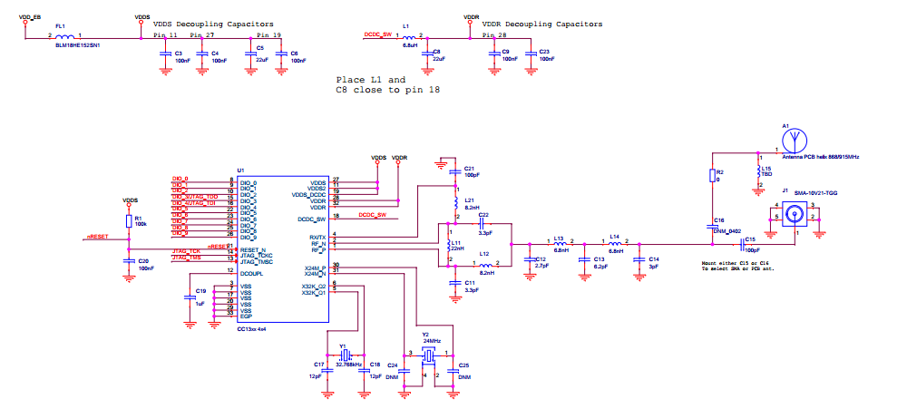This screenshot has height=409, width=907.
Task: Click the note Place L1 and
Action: [x=371, y=80]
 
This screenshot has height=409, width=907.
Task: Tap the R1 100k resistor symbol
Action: [x=128, y=221]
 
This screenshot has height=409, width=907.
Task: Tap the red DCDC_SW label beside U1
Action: [x=373, y=215]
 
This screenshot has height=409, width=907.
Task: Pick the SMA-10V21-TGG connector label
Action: [x=818, y=192]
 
